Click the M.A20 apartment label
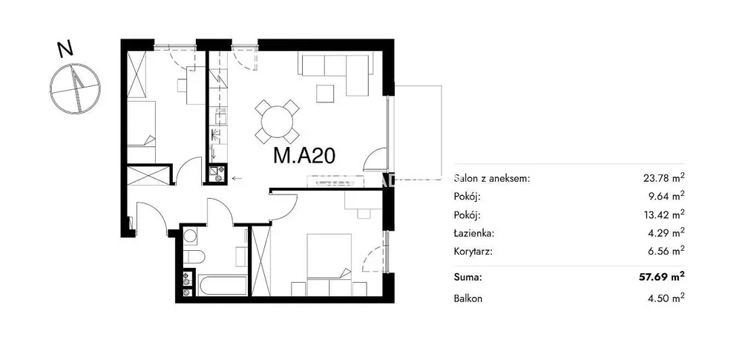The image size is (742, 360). pos(305,155)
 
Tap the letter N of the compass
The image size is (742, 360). pos(65,49)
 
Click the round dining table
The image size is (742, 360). pos(278,122)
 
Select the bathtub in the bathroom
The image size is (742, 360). pos(223,286)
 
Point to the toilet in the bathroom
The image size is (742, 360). pos(193,257)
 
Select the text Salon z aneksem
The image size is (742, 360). pos(492,179)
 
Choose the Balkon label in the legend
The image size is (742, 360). pos(468,299)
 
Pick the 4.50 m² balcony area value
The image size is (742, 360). pos(666,298)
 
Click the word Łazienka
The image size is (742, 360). pos(474,233)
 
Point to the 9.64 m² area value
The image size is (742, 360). pos(666,196)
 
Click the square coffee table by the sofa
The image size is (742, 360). pos(326,93)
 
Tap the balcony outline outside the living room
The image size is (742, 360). pos(441,128)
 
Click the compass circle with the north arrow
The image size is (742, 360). pos(75,88)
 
